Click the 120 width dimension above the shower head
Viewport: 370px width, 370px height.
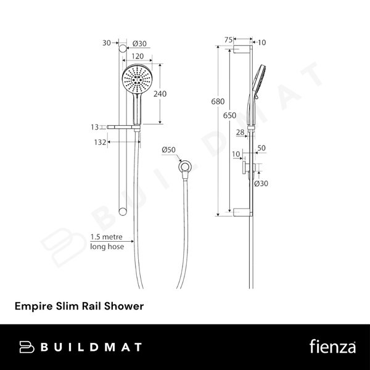click(138, 56)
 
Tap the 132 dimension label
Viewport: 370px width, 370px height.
click(94, 142)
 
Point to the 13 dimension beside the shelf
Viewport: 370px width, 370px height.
click(94, 127)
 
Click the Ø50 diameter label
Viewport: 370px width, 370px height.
click(169, 150)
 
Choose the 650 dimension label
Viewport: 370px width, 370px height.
click(229, 115)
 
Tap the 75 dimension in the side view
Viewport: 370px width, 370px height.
click(228, 39)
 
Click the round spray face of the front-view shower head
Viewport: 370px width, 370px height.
click(136, 80)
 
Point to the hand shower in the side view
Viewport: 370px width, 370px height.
click(256, 92)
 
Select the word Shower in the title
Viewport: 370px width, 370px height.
click(126, 305)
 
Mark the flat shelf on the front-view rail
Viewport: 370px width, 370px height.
click(123, 128)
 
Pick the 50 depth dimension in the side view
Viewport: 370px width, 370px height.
click(261, 148)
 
